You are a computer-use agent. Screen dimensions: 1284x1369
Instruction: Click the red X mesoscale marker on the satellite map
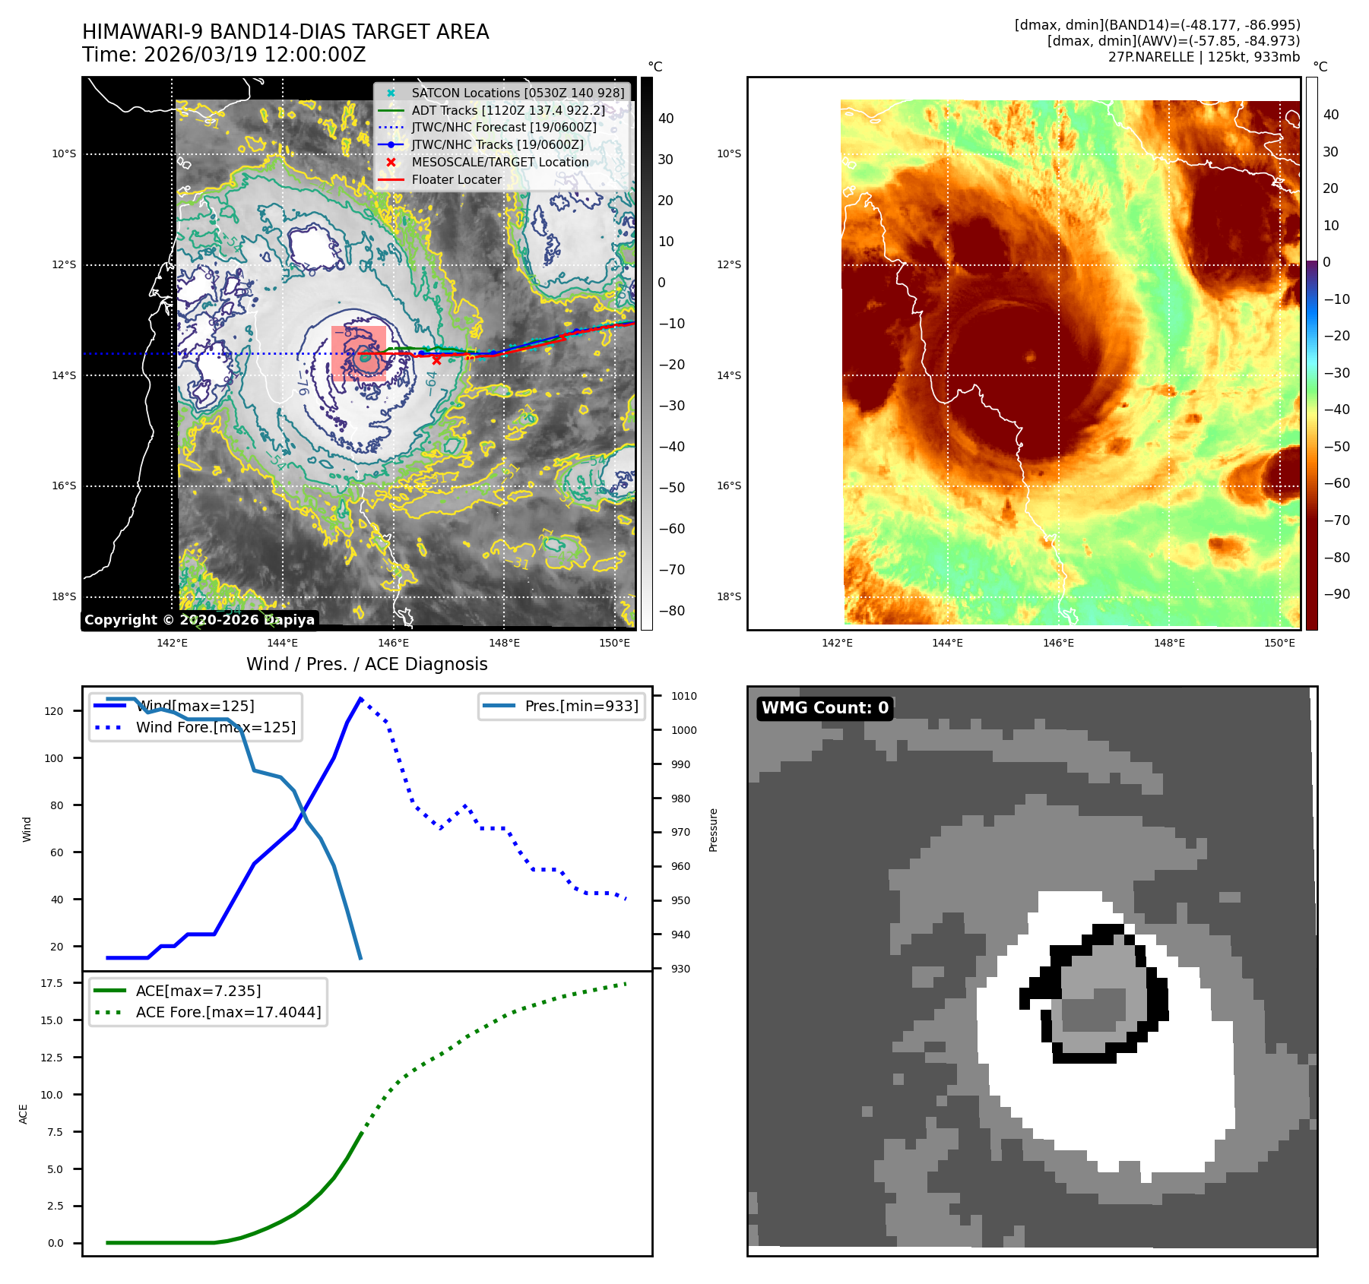[436, 360]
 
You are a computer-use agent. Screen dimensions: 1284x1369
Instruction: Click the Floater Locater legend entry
[456, 179]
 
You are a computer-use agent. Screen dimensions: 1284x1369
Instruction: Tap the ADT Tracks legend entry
[508, 110]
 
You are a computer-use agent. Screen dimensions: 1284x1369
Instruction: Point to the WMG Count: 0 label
[825, 708]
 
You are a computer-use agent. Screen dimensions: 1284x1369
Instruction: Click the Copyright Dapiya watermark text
[199, 620]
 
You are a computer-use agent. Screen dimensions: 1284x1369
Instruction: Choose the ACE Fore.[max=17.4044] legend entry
[228, 1012]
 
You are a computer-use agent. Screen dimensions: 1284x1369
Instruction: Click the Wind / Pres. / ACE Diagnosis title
[367, 664]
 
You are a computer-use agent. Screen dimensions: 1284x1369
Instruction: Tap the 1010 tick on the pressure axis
[684, 696]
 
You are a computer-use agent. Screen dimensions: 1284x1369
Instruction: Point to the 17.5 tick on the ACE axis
[52, 983]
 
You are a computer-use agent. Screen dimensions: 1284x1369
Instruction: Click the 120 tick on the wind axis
[54, 711]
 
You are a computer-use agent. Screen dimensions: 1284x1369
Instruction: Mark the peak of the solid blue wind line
[360, 698]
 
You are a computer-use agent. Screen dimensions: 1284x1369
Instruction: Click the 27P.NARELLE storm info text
[1204, 57]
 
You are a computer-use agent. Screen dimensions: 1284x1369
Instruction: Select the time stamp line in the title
[224, 55]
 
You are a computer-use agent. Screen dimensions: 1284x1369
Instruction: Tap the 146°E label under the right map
[1058, 643]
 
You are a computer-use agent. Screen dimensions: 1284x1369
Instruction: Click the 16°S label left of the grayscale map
[64, 486]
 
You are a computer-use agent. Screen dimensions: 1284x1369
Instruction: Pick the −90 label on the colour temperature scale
[1336, 594]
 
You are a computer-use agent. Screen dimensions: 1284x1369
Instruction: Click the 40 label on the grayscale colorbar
[666, 119]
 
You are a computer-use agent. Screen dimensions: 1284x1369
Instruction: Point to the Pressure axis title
[713, 830]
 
